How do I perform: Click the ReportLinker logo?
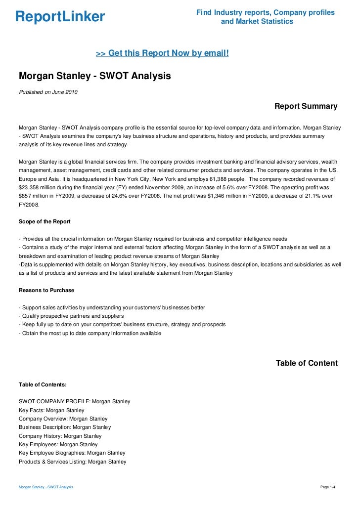[x=60, y=17]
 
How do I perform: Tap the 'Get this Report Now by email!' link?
[x=162, y=52]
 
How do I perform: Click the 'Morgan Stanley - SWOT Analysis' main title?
[x=94, y=77]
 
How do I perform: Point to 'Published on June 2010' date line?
[x=48, y=92]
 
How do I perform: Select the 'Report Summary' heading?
[x=306, y=106]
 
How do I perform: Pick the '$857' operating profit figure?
[x=26, y=196]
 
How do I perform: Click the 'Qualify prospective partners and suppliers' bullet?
[x=71, y=316]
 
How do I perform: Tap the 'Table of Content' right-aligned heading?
[x=307, y=363]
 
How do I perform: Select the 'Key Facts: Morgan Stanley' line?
[x=51, y=410]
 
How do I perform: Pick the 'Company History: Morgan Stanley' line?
[x=60, y=436]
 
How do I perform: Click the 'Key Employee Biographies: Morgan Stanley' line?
[x=72, y=453]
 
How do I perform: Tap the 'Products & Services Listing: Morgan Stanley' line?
[x=72, y=462]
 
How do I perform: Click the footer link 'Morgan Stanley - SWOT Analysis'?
[x=45, y=487]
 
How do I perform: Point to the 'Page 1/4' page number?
[x=328, y=487]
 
